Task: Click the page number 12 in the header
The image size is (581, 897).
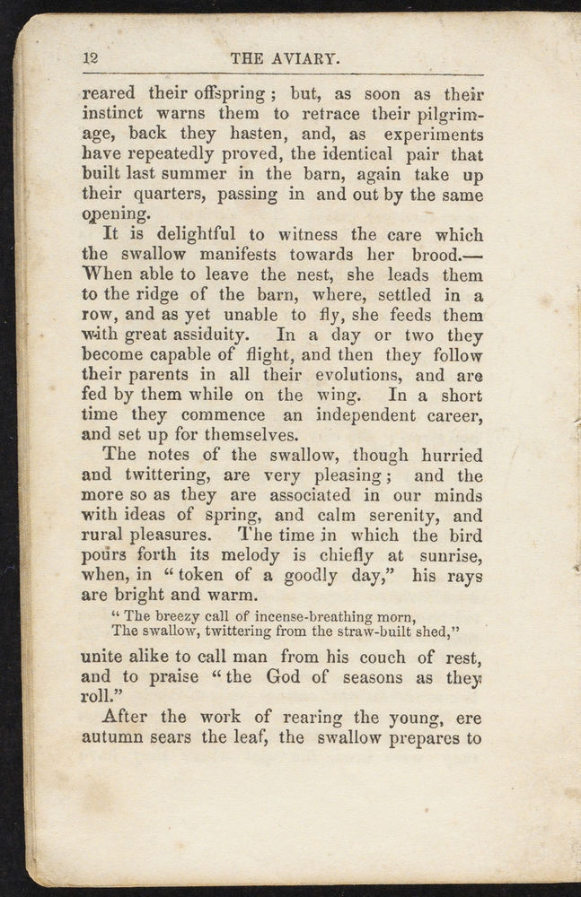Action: [90, 58]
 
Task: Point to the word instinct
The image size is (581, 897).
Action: [115, 114]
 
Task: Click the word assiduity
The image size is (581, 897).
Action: [219, 335]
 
